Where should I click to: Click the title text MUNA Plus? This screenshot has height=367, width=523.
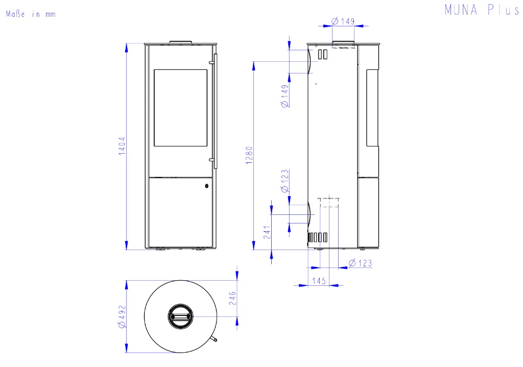click(482, 10)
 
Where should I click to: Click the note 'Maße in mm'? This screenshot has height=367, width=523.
click(31, 14)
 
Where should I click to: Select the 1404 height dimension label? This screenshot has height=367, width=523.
click(122, 146)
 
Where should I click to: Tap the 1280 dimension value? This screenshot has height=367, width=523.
click(249, 155)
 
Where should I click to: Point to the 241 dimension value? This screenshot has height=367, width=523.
click(267, 232)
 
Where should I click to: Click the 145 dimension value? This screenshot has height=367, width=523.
click(319, 281)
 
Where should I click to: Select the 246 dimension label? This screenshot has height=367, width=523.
click(232, 298)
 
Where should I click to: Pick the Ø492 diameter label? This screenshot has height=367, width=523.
click(122, 316)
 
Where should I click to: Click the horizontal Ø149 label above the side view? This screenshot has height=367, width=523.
click(343, 21)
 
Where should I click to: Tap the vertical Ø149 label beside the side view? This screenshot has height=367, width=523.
click(285, 96)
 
